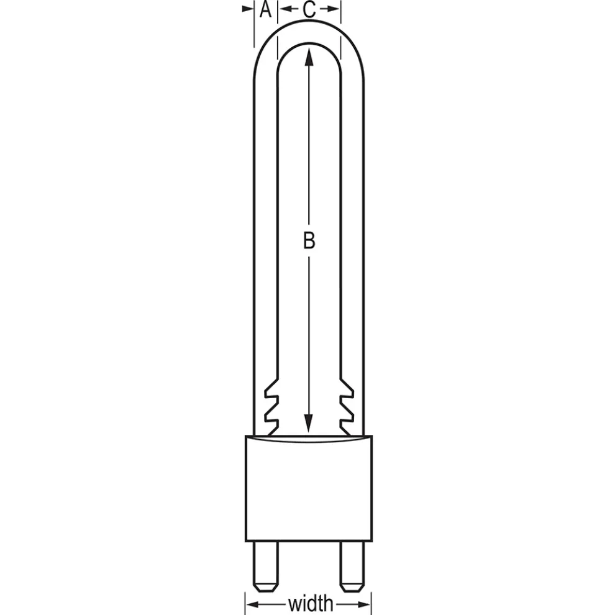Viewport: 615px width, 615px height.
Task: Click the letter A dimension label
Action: [x=265, y=9]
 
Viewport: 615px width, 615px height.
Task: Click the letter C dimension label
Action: [x=309, y=9]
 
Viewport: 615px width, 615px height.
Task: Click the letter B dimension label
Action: [x=309, y=240]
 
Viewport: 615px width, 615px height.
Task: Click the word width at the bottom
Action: [x=310, y=603]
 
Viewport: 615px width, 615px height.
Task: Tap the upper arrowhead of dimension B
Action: [x=309, y=56]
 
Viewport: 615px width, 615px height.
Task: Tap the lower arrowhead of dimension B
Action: [x=309, y=424]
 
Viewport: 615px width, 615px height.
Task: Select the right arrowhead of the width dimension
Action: [x=364, y=604]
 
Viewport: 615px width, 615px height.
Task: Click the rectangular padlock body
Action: [x=309, y=488]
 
